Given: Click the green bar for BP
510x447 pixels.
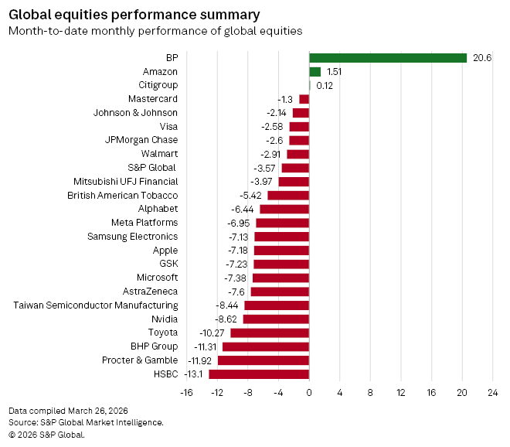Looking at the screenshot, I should (388, 57).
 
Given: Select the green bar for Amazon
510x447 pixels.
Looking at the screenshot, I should (315, 71).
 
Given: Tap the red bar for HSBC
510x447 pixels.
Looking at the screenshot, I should (259, 374).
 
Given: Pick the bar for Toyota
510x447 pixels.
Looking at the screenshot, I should (270, 333).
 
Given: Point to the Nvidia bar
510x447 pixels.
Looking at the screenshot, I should (276, 319).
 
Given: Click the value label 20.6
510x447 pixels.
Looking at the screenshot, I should (482, 57).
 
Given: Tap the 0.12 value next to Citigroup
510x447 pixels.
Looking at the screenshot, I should (325, 85).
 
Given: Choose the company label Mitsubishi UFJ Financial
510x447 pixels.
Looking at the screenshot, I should (126, 182).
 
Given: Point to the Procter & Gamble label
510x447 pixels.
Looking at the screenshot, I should (140, 360).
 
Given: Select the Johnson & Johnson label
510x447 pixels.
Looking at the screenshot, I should (135, 112).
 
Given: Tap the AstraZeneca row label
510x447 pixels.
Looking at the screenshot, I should (150, 292).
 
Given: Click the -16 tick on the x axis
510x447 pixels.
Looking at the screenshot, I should (186, 393).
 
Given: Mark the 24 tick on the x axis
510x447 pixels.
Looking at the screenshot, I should (492, 393).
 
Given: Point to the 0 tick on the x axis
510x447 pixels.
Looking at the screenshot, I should (309, 393).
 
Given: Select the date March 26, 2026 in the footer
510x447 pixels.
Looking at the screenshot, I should (98, 410).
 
